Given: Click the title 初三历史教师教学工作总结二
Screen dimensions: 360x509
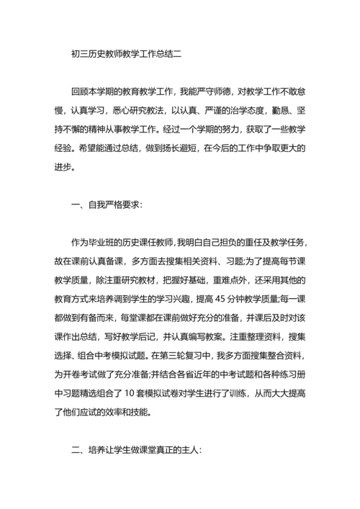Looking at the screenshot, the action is [122, 53].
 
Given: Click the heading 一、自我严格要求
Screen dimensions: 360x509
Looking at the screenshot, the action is [107, 204].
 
